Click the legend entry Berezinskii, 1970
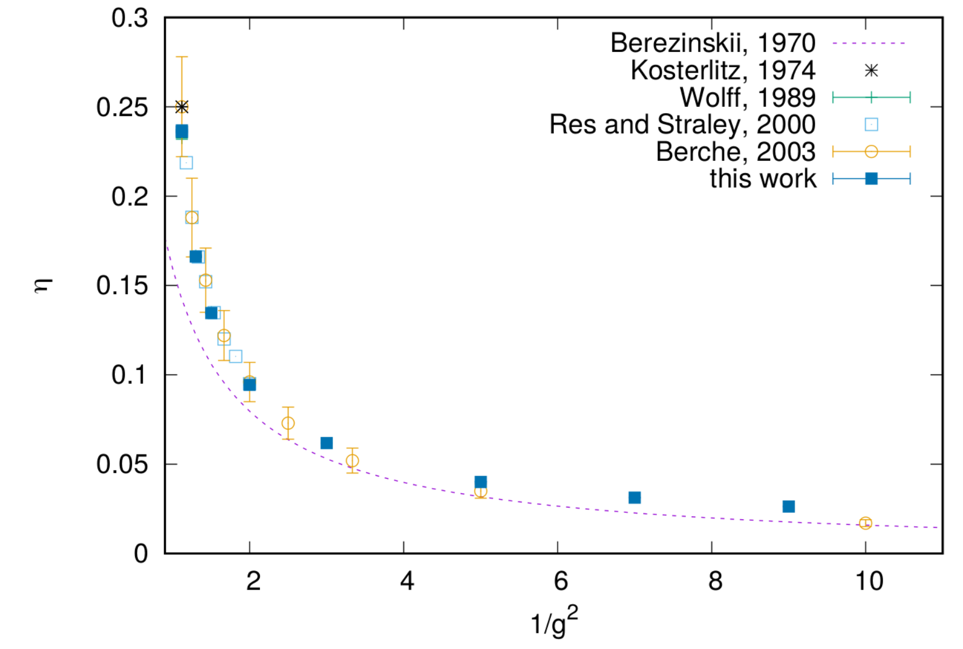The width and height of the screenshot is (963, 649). [x=713, y=43]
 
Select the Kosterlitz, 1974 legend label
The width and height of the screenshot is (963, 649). [x=723, y=70]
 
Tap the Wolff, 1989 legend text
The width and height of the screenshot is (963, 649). [x=748, y=97]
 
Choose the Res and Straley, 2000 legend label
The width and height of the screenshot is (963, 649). [x=682, y=125]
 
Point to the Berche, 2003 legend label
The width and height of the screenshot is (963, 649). [x=736, y=152]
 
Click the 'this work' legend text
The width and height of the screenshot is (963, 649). [x=763, y=179]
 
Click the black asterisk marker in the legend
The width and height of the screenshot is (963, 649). [x=871, y=70]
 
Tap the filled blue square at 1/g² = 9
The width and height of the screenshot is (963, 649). [x=789, y=507]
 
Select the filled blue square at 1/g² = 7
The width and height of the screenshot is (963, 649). [x=634, y=498]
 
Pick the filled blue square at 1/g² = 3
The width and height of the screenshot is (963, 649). [x=327, y=443]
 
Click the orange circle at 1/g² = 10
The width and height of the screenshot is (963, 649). [x=865, y=523]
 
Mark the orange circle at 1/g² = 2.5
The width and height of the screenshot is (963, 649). [x=288, y=423]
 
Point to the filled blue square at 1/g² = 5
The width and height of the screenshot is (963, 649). [x=481, y=482]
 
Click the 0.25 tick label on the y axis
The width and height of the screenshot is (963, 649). [x=122, y=107]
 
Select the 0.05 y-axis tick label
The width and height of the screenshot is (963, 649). [x=122, y=464]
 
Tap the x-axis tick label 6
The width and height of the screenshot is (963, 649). [x=561, y=581]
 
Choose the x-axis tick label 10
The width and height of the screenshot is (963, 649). [x=869, y=581]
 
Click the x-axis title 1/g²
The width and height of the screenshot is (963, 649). [x=555, y=621]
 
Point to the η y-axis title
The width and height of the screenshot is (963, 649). [x=44, y=286]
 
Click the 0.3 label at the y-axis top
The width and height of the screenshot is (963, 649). [x=130, y=18]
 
